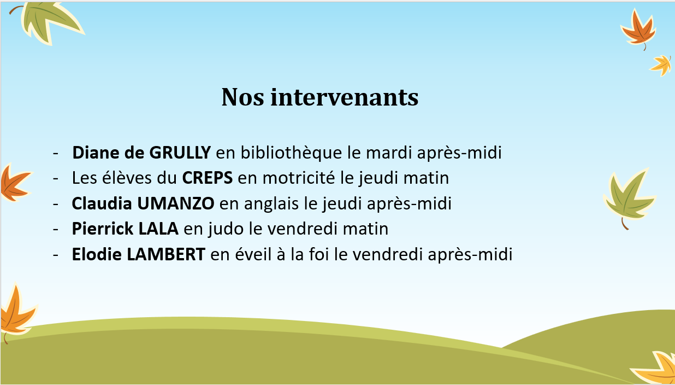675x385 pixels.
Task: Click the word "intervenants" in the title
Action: (x=345, y=97)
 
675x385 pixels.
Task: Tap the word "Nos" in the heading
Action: (x=243, y=97)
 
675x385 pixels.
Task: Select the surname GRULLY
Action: (x=180, y=153)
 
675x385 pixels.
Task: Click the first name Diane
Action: (x=96, y=153)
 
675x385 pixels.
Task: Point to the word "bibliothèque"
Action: (x=291, y=153)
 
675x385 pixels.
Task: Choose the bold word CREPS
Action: (x=208, y=178)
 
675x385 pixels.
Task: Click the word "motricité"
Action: (x=299, y=177)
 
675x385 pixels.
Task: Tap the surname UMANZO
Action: (x=176, y=203)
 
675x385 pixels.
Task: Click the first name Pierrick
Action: (x=103, y=229)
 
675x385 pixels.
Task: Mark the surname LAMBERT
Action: (x=166, y=254)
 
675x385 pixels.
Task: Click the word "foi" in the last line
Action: (x=319, y=254)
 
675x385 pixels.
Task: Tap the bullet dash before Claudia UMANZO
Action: (x=56, y=205)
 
